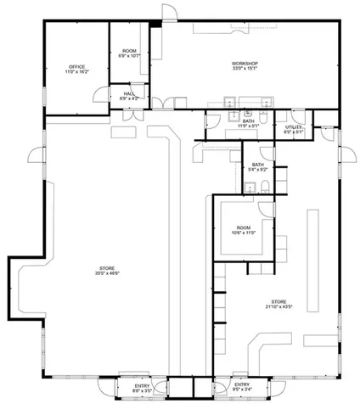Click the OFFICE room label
coord(76,66)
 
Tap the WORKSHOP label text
coord(245,64)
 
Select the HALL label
coord(129,93)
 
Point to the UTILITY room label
coord(294,126)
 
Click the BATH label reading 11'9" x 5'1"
coord(248,121)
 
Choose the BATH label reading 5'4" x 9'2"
coord(257,164)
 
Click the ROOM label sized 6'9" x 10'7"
coord(129,52)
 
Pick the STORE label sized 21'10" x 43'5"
coord(279,301)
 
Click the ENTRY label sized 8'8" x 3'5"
coord(142,386)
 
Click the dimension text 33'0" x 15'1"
coord(245,70)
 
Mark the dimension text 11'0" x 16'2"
coord(76,72)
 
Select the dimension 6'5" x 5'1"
coord(294,132)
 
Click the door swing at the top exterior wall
coord(169,11)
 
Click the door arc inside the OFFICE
coord(100,95)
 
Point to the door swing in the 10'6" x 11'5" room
coord(264,209)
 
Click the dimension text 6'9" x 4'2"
coord(129,99)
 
